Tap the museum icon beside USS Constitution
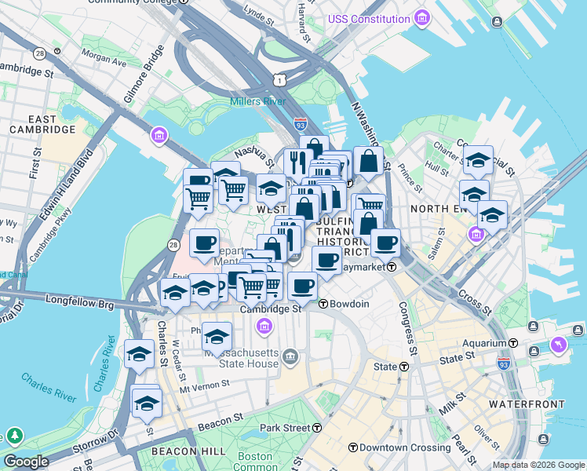click(x=422, y=17)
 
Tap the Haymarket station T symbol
click(x=390, y=267)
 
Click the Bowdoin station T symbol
click(x=323, y=303)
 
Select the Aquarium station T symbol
click(x=513, y=343)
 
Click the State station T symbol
click(x=405, y=367)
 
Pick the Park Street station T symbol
click(x=317, y=428)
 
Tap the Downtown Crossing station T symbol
click(x=353, y=447)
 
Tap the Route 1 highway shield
click(x=279, y=79)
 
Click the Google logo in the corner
click(x=26, y=462)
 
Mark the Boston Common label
click(x=254, y=462)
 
